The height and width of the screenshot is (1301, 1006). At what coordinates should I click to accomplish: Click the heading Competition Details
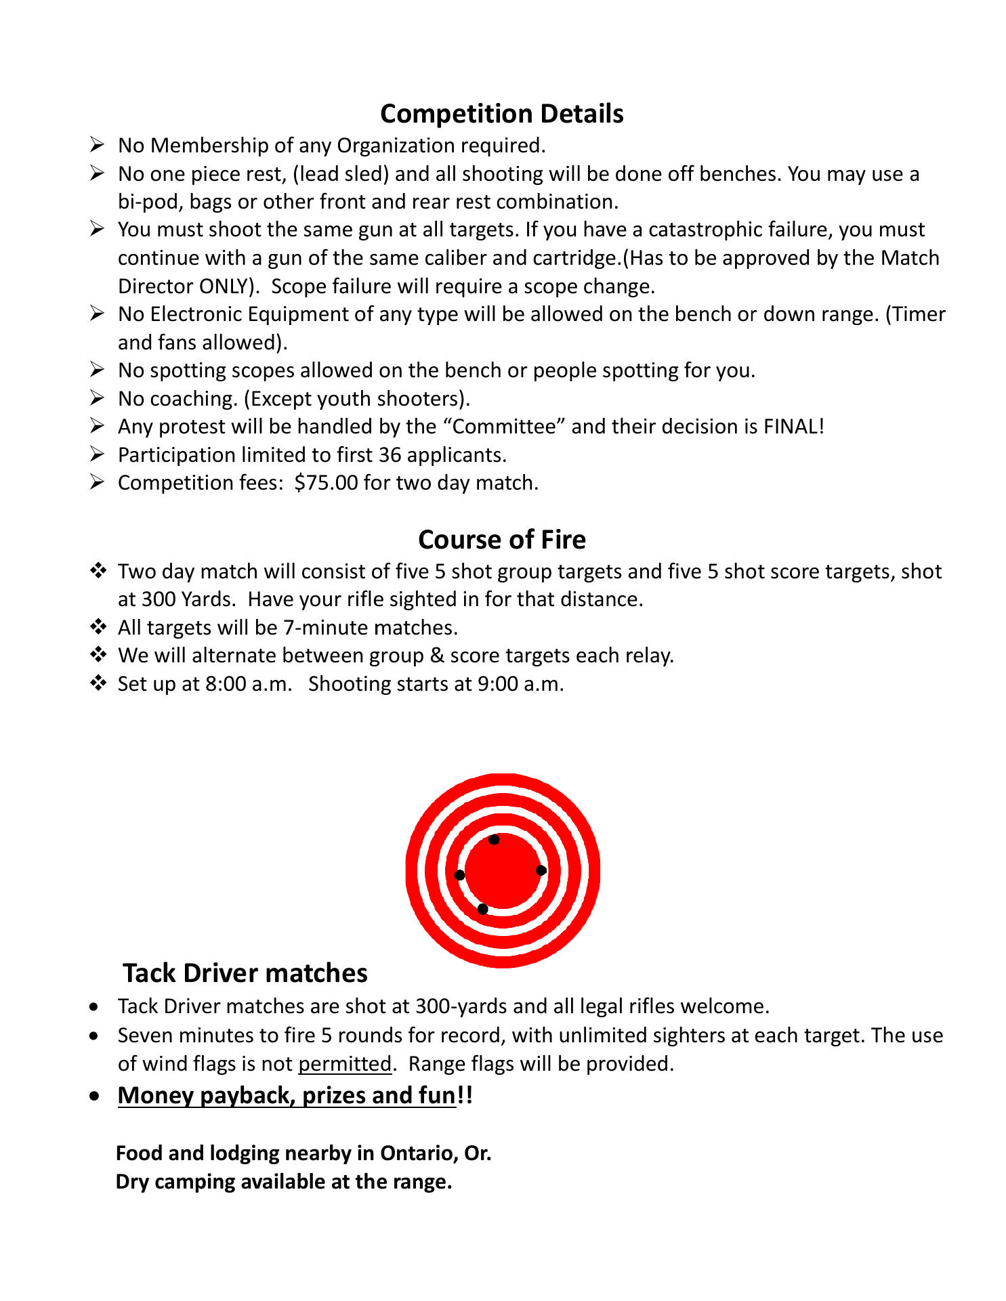[501, 114]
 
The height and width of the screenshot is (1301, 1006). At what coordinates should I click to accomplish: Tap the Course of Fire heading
[501, 540]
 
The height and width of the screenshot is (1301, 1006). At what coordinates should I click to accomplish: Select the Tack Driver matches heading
[245, 973]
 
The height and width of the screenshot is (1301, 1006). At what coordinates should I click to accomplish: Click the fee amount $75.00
[326, 483]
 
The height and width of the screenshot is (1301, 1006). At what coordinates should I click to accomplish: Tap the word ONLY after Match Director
[225, 286]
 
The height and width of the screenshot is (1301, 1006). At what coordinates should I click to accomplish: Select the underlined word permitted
[344, 1064]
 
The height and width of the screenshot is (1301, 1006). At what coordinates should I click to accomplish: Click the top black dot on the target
[494, 840]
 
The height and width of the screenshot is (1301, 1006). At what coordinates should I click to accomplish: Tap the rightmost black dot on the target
[541, 870]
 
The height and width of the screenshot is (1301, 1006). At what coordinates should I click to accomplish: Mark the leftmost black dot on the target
[460, 875]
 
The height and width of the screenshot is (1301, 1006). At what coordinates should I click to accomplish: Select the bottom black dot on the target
[482, 909]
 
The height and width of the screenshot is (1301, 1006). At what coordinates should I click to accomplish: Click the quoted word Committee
[503, 427]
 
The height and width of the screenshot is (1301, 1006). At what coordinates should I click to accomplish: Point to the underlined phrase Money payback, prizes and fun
[287, 1095]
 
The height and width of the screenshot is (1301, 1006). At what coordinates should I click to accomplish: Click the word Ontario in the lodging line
[418, 1153]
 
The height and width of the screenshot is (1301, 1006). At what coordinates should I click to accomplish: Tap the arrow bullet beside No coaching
[97, 398]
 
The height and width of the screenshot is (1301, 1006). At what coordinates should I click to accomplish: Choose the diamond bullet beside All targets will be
[98, 627]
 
